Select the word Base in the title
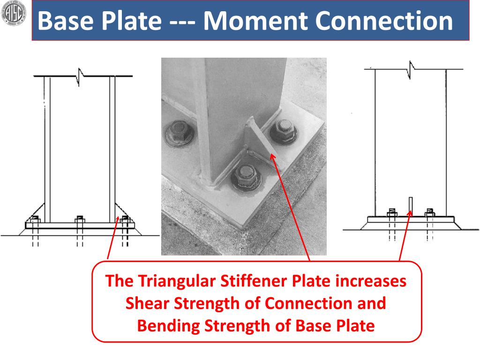pos(62,21)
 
